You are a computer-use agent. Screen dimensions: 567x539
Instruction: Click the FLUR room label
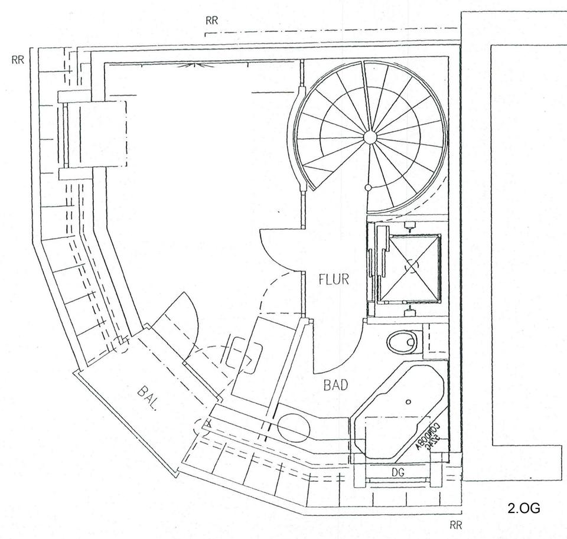click(333, 279)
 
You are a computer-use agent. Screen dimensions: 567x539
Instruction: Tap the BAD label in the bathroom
click(335, 386)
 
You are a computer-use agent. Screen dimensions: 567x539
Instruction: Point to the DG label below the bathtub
click(397, 472)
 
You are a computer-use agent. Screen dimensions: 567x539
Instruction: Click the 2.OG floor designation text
click(523, 508)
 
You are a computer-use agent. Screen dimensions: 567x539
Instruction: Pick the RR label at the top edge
click(213, 21)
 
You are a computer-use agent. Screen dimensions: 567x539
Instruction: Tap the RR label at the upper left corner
click(18, 60)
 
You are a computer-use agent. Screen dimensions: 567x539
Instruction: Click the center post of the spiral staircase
click(370, 138)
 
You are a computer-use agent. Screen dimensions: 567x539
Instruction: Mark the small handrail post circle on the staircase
click(367, 188)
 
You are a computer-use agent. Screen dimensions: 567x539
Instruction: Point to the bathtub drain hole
click(408, 402)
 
